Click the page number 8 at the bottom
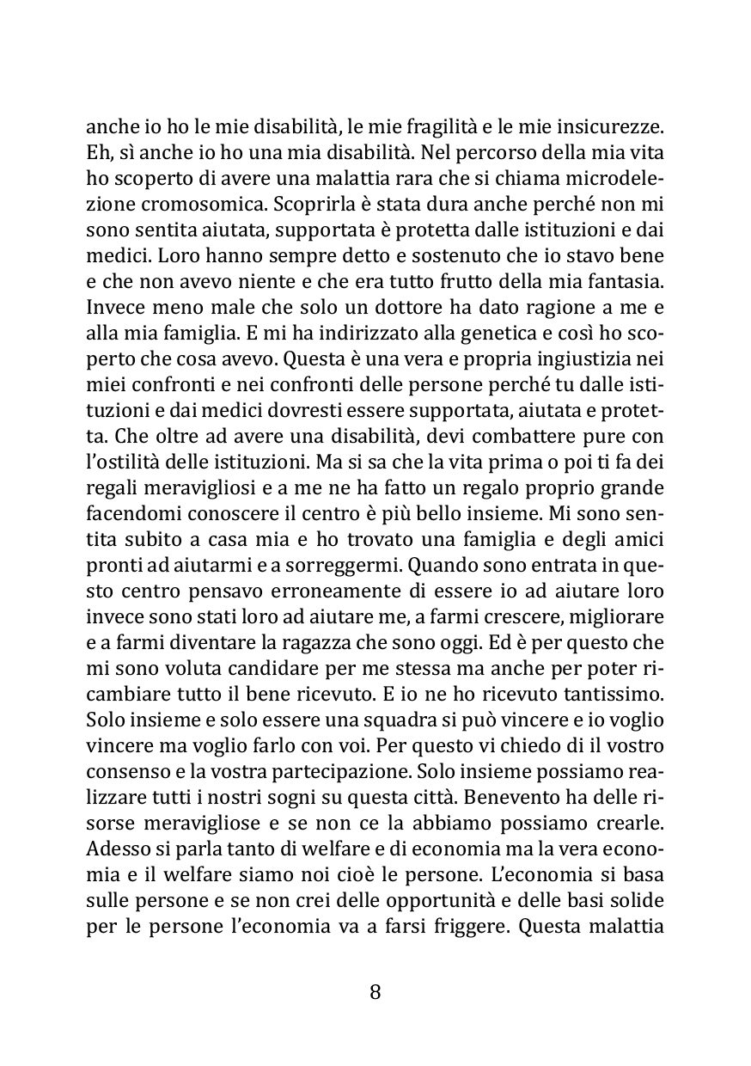coord(375,992)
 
